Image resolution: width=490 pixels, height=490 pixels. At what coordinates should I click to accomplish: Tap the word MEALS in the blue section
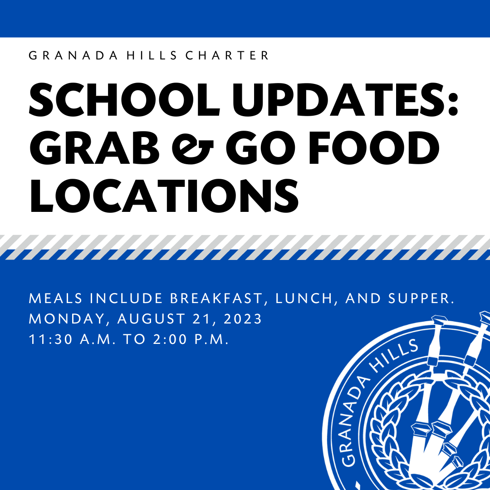[x=56, y=299]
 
